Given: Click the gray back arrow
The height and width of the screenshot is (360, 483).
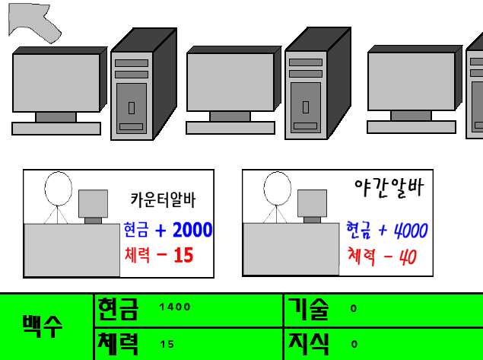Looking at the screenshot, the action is [33, 22].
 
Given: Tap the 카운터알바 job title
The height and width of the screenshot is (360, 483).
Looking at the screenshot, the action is [163, 199].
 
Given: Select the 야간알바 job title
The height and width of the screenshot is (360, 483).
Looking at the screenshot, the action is [389, 187].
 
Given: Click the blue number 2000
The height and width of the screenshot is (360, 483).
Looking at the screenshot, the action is [192, 230].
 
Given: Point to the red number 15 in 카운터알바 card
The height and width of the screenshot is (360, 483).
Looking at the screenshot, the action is [183, 255].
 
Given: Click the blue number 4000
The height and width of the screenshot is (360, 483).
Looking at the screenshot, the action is [411, 231].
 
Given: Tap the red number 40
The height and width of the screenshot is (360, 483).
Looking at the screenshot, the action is [408, 256].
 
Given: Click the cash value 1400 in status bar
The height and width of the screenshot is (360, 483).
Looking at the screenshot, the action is [175, 307].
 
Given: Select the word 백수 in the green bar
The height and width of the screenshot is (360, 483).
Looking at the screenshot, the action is [43, 327].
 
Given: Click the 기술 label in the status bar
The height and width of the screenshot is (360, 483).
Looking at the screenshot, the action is [308, 309].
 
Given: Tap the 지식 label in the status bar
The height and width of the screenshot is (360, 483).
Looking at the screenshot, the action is [308, 344].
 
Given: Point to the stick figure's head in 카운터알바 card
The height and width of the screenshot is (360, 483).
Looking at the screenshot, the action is [59, 189].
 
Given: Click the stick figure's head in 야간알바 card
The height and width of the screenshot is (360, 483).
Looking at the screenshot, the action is [277, 188].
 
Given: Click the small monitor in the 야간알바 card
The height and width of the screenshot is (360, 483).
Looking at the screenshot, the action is [312, 203].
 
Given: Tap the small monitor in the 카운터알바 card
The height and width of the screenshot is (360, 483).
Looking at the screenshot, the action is [93, 203].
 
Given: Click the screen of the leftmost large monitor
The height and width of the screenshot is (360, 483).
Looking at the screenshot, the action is [56, 83].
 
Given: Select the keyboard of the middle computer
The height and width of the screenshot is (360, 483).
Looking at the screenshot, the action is [230, 128].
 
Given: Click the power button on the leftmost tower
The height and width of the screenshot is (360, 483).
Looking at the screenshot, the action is [132, 108].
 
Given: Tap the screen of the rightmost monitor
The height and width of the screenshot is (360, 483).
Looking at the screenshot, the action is [412, 81].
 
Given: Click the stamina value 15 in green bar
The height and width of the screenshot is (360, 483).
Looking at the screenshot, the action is [167, 344].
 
